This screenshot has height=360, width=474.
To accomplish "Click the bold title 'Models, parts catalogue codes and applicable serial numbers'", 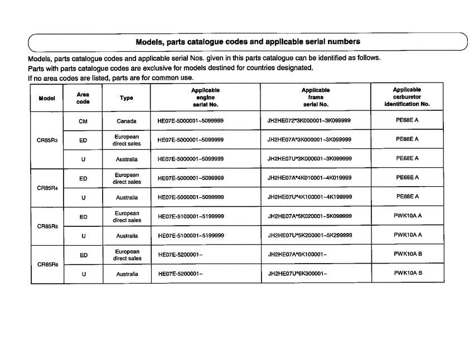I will pyautogui.click(x=248, y=41).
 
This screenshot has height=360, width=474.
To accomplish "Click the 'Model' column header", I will pyautogui.click(x=47, y=98).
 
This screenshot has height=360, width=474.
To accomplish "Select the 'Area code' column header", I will pyautogui.click(x=83, y=98).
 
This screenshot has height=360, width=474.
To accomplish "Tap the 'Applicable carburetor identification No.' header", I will pyautogui.click(x=407, y=97).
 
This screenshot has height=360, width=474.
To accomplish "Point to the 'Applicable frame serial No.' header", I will pyautogui.click(x=315, y=97).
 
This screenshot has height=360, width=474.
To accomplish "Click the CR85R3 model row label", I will pyautogui.click(x=47, y=140).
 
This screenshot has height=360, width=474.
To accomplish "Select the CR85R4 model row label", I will pyautogui.click(x=47, y=188).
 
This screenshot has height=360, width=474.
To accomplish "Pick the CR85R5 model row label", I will pyautogui.click(x=47, y=226).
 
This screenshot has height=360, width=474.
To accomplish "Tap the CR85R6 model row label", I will pyautogui.click(x=47, y=264).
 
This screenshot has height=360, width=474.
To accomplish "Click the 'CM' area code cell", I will pyautogui.click(x=83, y=121).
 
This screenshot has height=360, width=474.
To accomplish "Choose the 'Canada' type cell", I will pyautogui.click(x=127, y=121).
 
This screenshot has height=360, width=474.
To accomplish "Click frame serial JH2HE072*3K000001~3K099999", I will pyautogui.click(x=309, y=121).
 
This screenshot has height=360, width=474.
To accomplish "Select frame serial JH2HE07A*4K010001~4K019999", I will pyautogui.click(x=309, y=178).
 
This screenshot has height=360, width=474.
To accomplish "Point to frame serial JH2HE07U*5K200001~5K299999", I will pyautogui.click(x=309, y=236).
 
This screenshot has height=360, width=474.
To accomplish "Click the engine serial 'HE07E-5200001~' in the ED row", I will pyautogui.click(x=180, y=255).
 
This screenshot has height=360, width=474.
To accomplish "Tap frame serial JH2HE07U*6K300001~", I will pyautogui.click(x=297, y=274).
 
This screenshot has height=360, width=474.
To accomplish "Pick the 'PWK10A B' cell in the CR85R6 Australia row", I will pyautogui.click(x=408, y=273).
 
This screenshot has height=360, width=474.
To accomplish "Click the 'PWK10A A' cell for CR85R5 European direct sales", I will pyautogui.click(x=408, y=216).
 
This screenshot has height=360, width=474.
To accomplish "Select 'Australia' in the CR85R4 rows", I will pyautogui.click(x=127, y=197).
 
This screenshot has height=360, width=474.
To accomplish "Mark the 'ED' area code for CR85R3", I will pyautogui.click(x=83, y=140).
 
